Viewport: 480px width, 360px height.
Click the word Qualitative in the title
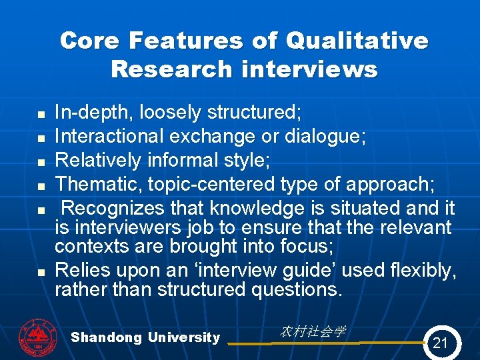click(x=357, y=41)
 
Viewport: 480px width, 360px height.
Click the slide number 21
click(x=440, y=343)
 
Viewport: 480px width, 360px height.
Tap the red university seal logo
click(x=39, y=337)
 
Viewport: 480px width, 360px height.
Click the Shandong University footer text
click(x=145, y=337)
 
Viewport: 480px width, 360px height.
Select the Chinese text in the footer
click(x=313, y=331)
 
